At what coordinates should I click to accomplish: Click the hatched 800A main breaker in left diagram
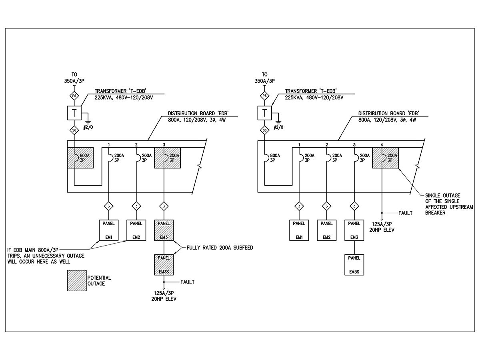tap(80, 158)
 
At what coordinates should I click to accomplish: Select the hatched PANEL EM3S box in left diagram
tap(164, 265)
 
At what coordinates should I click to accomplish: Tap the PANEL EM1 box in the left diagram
tap(109, 230)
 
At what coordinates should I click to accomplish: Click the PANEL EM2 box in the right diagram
tap(327, 230)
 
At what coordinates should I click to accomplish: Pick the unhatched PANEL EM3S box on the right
tap(354, 264)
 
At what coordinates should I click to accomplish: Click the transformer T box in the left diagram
tap(74, 113)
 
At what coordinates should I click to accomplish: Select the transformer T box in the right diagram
tap(264, 113)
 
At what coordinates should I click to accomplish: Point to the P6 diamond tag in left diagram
tap(74, 96)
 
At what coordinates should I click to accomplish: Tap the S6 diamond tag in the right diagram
tap(264, 130)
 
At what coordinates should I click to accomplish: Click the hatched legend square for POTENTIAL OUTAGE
tap(76, 280)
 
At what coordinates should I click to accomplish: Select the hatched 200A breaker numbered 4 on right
tap(386, 158)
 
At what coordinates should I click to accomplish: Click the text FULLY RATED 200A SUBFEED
tap(220, 248)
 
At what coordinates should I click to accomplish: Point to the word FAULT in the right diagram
tap(405, 213)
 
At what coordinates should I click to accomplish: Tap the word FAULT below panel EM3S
tap(187, 282)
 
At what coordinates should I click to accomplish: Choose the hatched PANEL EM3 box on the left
tap(164, 230)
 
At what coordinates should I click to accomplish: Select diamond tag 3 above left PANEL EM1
tap(109, 206)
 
